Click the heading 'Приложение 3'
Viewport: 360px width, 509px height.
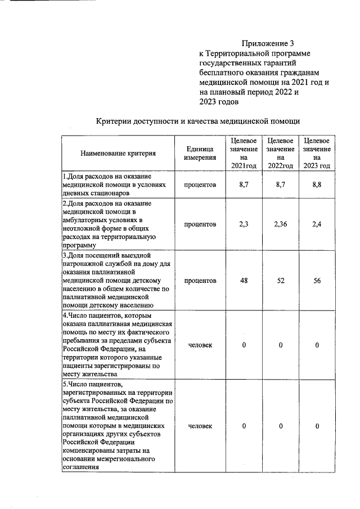(x=268, y=43)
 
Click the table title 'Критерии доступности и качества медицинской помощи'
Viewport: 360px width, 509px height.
(x=198, y=120)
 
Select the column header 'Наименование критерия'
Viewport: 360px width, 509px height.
(x=118, y=153)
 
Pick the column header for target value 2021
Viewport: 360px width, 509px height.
(x=244, y=152)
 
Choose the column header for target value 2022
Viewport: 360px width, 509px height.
(x=280, y=152)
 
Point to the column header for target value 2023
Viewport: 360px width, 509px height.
(x=317, y=152)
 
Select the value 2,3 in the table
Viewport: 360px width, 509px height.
(x=244, y=224)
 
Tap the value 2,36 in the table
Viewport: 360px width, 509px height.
(x=280, y=224)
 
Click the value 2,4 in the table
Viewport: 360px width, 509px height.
(x=317, y=224)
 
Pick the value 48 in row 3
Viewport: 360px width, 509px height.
(x=244, y=281)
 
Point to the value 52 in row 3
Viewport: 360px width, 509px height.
(x=280, y=281)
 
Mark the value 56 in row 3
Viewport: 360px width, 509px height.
(x=317, y=281)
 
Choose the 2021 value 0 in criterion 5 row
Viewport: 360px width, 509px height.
(x=244, y=426)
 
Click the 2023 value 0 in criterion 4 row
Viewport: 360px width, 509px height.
(x=317, y=345)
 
